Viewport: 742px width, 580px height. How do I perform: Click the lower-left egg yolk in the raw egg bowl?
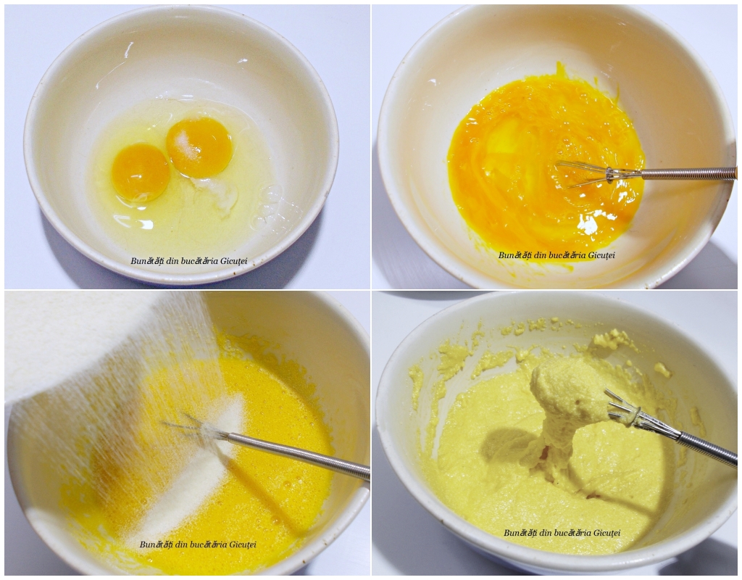point(141,173)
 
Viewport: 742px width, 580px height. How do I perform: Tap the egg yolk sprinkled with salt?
point(199,147)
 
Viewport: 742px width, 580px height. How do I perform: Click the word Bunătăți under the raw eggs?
point(146,261)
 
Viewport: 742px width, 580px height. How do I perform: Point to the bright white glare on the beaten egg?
point(588,225)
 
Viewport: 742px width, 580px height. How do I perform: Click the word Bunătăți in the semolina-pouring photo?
point(156,544)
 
